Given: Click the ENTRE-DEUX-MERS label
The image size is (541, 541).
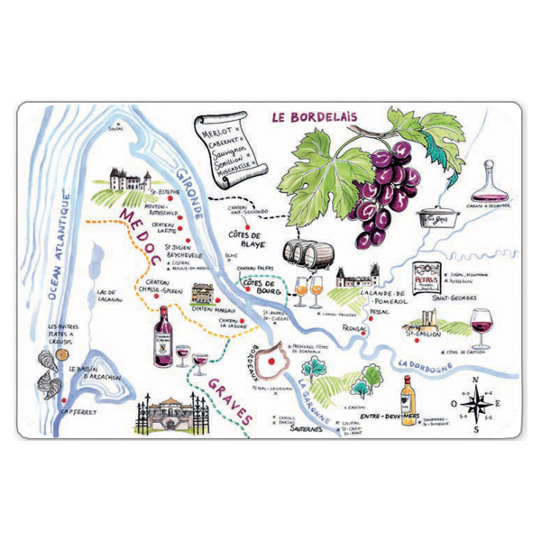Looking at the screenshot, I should click(x=379, y=417).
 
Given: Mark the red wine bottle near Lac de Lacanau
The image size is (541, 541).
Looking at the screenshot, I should click(x=164, y=335).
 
